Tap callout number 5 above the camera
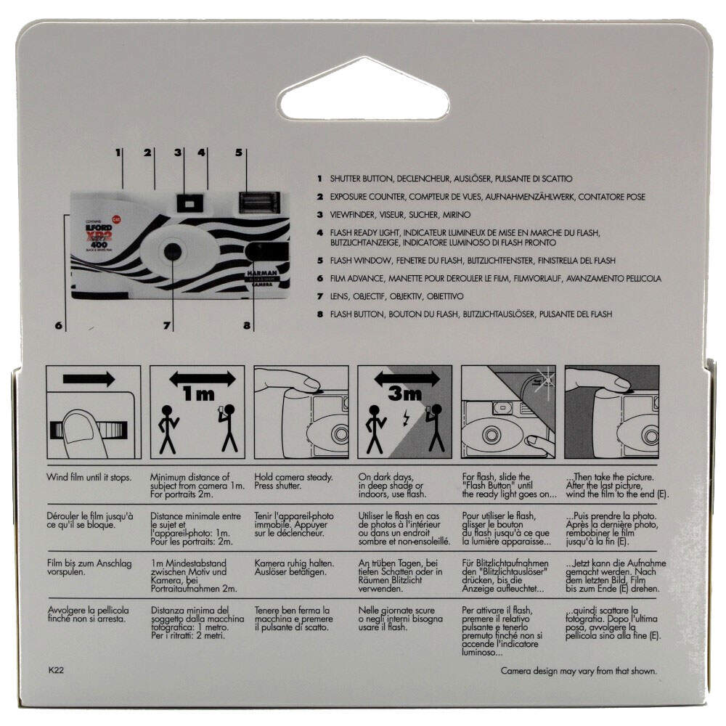[x=238, y=152]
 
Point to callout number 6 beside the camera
[x=58, y=325]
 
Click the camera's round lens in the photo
[x=173, y=251]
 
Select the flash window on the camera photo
[x=259, y=203]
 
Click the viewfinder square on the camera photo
[x=189, y=203]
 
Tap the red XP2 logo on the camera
[x=99, y=235]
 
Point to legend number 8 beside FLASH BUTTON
[x=320, y=314]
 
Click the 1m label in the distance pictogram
[x=199, y=393]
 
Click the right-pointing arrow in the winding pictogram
[x=89, y=379]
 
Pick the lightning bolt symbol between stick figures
[x=406, y=419]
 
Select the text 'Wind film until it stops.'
[x=89, y=478]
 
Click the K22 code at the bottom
[x=56, y=670]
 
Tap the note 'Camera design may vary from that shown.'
[x=579, y=671]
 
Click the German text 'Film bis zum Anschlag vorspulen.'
[x=89, y=568]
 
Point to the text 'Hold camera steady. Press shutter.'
[x=293, y=481]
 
